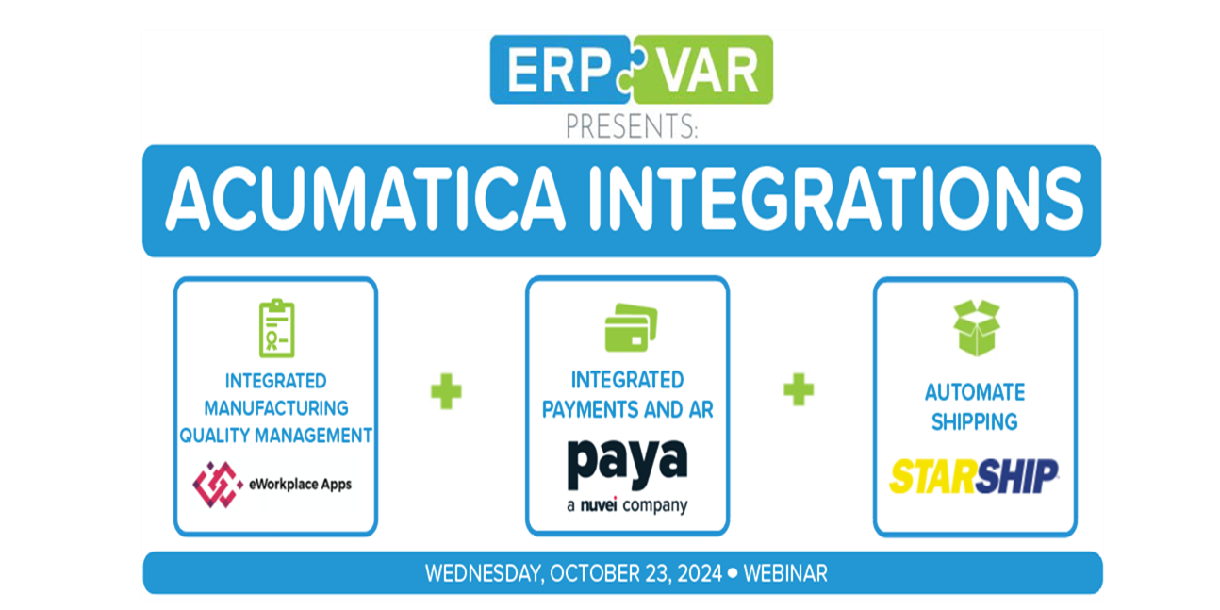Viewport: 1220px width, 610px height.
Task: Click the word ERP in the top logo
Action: [x=560, y=71]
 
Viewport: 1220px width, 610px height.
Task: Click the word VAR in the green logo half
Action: [x=708, y=71]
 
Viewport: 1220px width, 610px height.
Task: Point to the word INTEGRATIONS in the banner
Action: [x=836, y=198]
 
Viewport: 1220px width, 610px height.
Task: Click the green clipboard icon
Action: [x=276, y=328]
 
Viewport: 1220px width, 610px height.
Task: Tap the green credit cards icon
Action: [x=632, y=327]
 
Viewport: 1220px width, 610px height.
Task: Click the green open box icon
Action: [x=977, y=328]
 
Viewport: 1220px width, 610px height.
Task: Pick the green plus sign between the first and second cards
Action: [x=446, y=391]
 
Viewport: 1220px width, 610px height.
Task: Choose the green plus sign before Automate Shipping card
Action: [x=799, y=389]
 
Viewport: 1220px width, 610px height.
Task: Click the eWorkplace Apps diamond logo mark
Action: [x=217, y=485]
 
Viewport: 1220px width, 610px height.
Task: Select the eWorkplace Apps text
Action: [x=300, y=485]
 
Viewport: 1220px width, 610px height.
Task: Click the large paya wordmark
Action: [x=627, y=464]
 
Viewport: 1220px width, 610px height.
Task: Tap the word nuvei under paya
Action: [x=599, y=505]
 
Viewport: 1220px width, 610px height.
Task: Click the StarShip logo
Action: [x=974, y=476]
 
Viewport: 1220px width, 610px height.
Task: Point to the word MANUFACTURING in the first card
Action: [x=276, y=408]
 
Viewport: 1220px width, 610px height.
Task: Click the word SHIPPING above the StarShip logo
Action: [x=974, y=421]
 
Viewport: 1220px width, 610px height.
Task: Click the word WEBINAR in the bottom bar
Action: [x=785, y=573]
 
